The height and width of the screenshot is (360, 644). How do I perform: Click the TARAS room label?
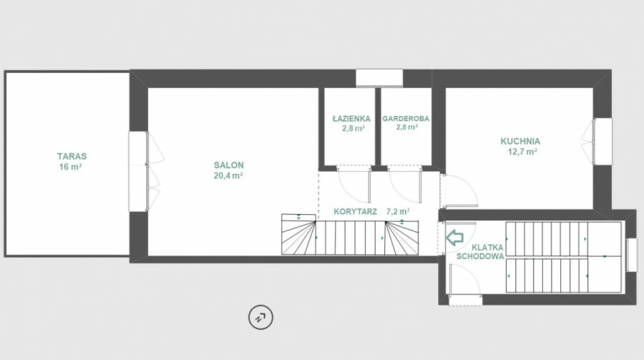tap(72, 156)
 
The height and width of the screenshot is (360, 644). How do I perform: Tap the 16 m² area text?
tap(71, 167)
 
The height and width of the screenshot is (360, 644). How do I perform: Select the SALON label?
tap(229, 165)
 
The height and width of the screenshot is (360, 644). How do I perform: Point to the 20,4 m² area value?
tap(228, 176)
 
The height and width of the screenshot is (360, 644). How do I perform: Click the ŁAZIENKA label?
tap(351, 118)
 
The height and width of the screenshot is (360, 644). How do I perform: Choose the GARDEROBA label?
tap(406, 119)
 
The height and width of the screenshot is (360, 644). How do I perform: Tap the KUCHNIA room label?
tap(520, 142)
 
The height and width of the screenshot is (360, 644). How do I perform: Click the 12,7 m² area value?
tap(523, 152)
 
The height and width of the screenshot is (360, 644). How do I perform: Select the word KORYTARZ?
tap(355, 212)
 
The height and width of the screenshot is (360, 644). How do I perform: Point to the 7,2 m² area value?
tap(398, 212)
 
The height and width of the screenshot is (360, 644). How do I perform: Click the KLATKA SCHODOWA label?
tap(481, 252)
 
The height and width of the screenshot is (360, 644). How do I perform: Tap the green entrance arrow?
tap(454, 238)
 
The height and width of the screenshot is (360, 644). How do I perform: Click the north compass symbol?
tap(260, 317)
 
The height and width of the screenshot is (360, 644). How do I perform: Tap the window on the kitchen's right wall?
tap(602, 142)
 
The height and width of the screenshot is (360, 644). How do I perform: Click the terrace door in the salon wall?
tap(138, 171)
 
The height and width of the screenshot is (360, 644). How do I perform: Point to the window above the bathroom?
tap(379, 78)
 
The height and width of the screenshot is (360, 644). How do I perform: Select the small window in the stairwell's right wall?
tap(631, 255)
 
